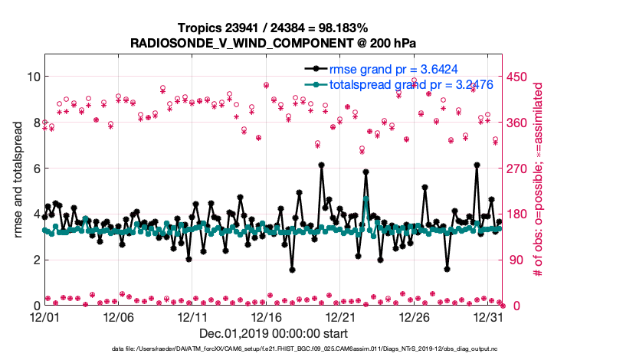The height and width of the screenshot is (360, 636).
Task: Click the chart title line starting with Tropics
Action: coord(273,28)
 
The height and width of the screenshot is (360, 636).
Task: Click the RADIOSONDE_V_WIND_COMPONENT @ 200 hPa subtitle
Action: coord(273,43)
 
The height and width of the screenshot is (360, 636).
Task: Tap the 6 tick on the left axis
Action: coord(33,168)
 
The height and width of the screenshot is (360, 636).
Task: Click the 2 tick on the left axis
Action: coord(33,260)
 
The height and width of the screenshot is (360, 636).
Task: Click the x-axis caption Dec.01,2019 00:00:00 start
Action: coord(273,333)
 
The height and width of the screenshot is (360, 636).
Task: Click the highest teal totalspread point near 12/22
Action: coord(366,199)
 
